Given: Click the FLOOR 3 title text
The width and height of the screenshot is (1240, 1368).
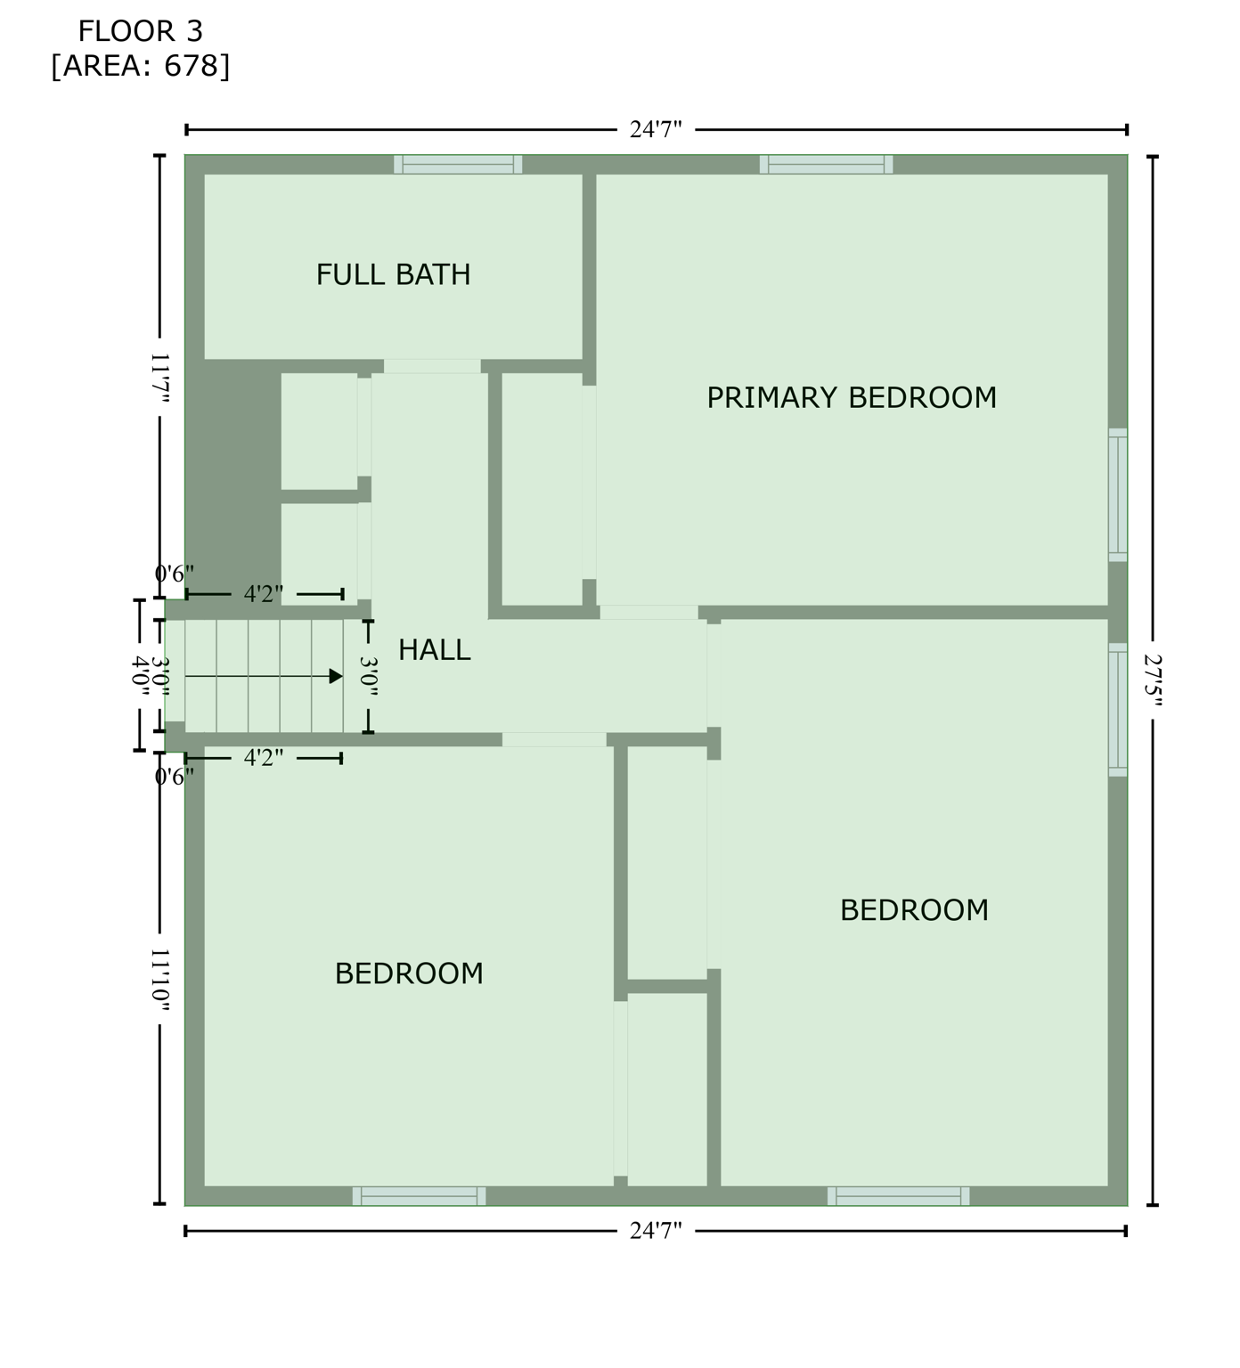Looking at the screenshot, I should (x=140, y=32).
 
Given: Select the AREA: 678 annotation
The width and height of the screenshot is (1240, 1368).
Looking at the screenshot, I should (x=140, y=66).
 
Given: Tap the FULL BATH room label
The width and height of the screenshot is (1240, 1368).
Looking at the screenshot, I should (x=393, y=274).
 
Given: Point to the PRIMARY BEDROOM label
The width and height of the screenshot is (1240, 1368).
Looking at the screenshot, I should (x=851, y=397).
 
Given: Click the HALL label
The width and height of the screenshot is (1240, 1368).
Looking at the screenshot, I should (x=434, y=650).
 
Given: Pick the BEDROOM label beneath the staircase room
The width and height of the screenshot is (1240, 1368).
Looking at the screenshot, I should (x=409, y=973).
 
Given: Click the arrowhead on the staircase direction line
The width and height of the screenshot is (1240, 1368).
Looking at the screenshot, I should (x=336, y=677).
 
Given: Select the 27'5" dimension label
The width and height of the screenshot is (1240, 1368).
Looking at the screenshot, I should (x=1154, y=681).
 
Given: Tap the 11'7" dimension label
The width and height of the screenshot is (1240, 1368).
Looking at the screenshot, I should (x=159, y=378).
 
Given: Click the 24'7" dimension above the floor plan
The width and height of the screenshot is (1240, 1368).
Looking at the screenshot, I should (x=656, y=130).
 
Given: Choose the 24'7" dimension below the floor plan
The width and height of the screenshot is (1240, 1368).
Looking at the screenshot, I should (x=656, y=1231).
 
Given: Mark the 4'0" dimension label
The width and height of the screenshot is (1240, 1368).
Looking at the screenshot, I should (x=140, y=675).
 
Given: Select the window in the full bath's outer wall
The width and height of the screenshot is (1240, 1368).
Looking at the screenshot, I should (x=458, y=165).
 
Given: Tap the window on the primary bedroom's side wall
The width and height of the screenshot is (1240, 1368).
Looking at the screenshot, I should (x=1118, y=495).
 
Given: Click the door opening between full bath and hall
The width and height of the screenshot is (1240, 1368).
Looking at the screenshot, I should (x=432, y=367).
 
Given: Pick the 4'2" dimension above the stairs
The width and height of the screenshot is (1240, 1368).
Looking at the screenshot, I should (x=264, y=594).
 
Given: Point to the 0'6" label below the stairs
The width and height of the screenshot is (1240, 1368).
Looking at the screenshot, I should (x=175, y=778).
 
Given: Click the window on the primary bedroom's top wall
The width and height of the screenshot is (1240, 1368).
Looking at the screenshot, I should (x=826, y=165).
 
